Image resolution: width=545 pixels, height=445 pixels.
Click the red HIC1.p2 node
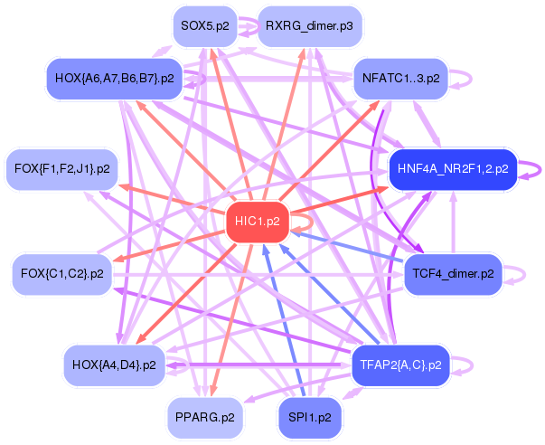(258, 222)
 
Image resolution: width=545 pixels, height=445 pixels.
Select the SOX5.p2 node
(205, 26)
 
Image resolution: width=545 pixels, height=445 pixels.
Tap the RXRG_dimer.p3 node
(309, 26)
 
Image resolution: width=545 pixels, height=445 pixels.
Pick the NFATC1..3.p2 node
(400, 79)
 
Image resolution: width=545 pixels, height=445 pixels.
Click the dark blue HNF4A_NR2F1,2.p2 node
(453, 169)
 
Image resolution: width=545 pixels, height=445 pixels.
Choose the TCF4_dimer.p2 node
(453, 274)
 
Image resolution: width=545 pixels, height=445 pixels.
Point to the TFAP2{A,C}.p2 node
(400, 365)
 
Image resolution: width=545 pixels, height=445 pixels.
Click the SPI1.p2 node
(310, 418)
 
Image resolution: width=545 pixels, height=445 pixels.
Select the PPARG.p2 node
(205, 418)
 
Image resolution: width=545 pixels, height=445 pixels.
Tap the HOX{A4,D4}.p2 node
(115, 365)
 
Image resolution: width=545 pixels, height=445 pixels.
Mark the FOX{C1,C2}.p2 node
(62, 274)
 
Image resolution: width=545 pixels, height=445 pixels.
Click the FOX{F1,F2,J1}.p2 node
(62, 169)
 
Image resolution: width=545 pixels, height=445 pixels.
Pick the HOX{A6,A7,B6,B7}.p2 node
(115, 79)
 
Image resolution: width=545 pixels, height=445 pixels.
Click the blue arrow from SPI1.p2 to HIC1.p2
(284, 320)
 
